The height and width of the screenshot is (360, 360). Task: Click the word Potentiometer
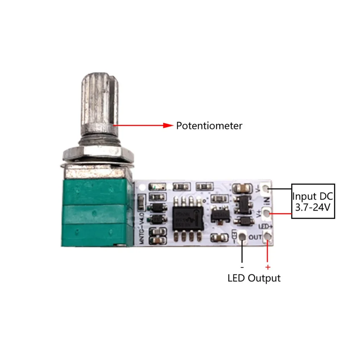209,126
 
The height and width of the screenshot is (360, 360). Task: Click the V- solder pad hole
269,190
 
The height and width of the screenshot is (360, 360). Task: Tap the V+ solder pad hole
268,213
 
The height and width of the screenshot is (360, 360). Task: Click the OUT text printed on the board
255,237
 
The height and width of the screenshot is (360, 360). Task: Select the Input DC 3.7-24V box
313,201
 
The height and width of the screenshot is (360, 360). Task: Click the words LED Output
254,278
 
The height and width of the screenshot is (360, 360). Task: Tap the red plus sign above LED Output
268,267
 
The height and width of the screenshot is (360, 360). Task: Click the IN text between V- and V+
266,201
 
